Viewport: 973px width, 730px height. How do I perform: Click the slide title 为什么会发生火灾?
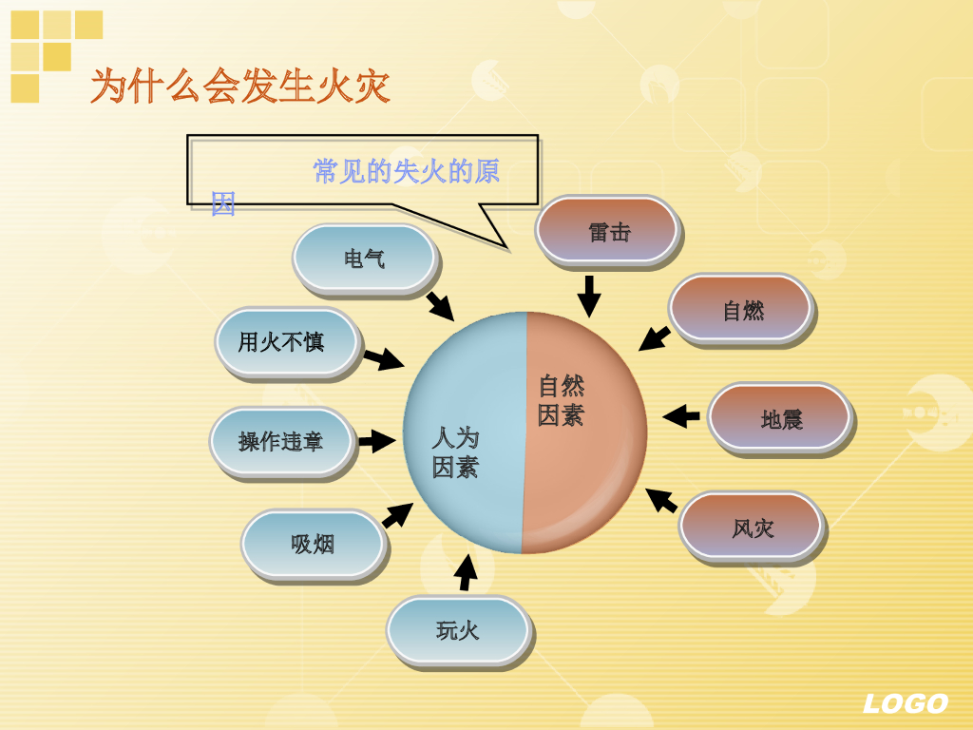pyautogui.click(x=239, y=86)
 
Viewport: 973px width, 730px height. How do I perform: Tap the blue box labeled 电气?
pyautogui.click(x=364, y=259)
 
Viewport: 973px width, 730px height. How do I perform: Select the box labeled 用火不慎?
pyautogui.click(x=286, y=341)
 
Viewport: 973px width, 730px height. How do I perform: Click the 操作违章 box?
pyautogui.click(x=280, y=441)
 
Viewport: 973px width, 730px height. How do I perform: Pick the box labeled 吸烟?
pyautogui.click(x=313, y=544)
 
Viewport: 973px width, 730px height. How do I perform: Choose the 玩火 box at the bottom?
pyautogui.click(x=457, y=629)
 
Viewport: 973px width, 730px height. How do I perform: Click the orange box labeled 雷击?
pyautogui.click(x=607, y=231)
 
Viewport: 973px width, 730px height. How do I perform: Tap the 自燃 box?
pyautogui.click(x=741, y=310)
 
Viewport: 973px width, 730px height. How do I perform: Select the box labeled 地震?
pyautogui.click(x=780, y=418)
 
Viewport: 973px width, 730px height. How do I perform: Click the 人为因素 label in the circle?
pyautogui.click(x=455, y=452)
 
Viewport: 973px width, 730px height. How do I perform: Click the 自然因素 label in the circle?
pyautogui.click(x=561, y=400)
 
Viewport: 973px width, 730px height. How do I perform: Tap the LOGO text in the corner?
pyautogui.click(x=905, y=703)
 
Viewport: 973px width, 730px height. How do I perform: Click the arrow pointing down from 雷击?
pyautogui.click(x=589, y=296)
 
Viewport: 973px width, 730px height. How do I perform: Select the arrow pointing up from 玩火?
pyautogui.click(x=466, y=572)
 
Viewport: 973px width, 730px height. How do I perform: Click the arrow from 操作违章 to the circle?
pyautogui.click(x=376, y=441)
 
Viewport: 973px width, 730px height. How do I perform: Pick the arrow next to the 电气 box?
pyautogui.click(x=440, y=306)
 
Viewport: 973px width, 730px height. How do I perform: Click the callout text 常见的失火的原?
pyautogui.click(x=406, y=171)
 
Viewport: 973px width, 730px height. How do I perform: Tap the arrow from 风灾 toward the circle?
pyautogui.click(x=661, y=500)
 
